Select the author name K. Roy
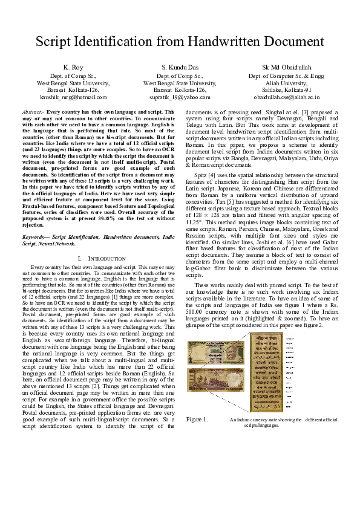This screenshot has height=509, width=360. (x=73, y=66)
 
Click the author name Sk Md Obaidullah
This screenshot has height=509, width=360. (x=287, y=66)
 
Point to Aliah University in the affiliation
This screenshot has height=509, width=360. (x=287, y=82)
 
